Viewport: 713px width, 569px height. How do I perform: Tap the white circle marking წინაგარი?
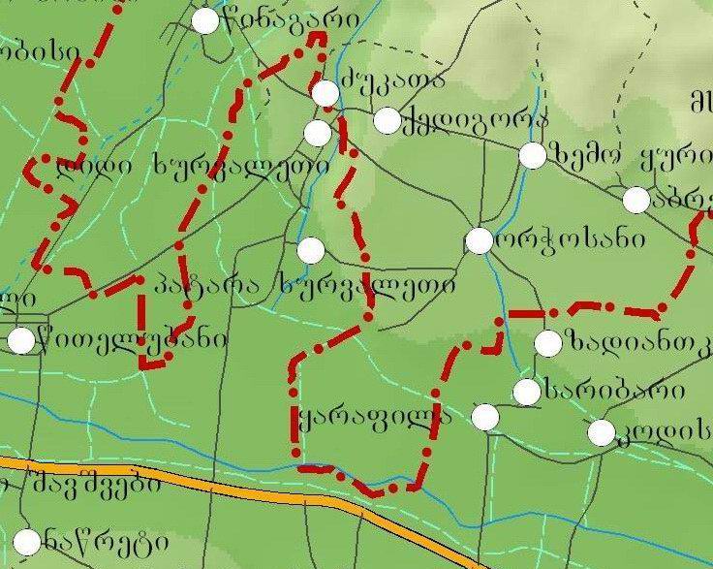[205, 20]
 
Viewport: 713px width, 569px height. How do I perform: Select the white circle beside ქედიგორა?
[387, 120]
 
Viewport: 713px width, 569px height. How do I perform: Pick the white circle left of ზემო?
[532, 155]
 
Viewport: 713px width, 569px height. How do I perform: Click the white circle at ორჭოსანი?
[480, 240]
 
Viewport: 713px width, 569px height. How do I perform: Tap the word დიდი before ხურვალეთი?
[101, 167]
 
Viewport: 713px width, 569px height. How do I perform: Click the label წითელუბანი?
[132, 340]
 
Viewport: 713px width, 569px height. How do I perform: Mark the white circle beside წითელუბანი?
[21, 340]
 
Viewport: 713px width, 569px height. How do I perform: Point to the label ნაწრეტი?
[88, 538]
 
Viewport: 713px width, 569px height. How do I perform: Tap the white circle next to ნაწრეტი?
[28, 541]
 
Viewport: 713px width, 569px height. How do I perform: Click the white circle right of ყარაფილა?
[485, 417]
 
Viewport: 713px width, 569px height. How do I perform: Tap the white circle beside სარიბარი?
[526, 392]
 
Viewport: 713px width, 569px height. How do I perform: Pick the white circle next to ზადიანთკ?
[547, 342]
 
